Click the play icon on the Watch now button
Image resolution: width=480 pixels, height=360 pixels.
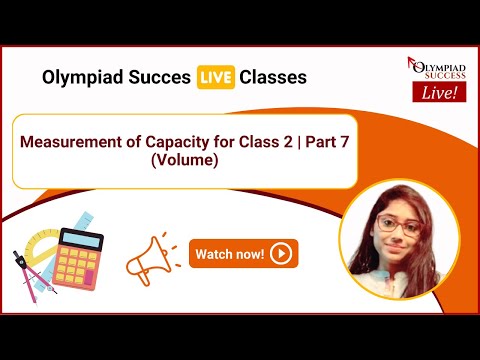281,254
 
